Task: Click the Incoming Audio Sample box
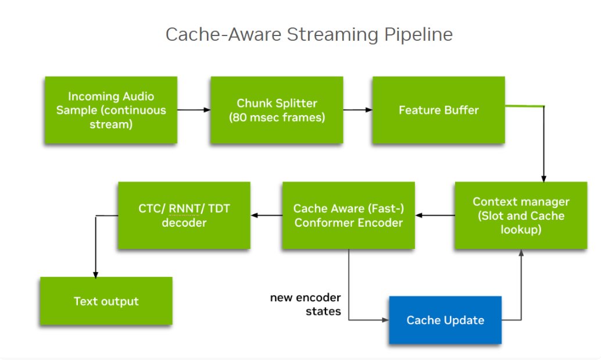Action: tap(111, 110)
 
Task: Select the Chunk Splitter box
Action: tap(277, 110)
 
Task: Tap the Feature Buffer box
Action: tap(438, 110)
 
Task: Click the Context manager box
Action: tap(521, 216)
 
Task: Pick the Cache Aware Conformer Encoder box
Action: tap(348, 216)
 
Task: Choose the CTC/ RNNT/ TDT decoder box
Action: tap(184, 216)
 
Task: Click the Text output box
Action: tap(106, 301)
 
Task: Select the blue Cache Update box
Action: tap(445, 320)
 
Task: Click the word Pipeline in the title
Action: tap(418, 34)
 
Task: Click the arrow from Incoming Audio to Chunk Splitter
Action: tap(194, 109)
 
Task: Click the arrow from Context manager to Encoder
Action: tap(435, 216)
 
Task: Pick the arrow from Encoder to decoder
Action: tap(266, 216)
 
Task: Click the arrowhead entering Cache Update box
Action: tap(385, 320)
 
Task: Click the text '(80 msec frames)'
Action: tap(277, 117)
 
